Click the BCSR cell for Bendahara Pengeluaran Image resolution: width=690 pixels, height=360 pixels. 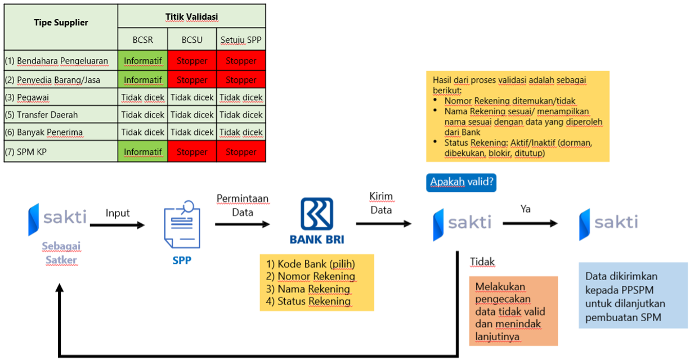(143, 61)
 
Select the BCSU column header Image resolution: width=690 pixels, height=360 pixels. (192, 40)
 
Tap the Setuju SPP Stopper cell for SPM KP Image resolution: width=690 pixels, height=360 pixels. (241, 152)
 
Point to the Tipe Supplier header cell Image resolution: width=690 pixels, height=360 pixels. (61, 23)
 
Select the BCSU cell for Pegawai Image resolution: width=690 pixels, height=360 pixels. (192, 97)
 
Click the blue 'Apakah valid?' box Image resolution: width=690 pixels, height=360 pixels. (461, 182)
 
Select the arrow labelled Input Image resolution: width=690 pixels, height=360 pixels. (117, 226)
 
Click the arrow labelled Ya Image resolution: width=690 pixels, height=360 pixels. (530, 223)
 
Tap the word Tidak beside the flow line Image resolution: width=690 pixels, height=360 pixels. (482, 262)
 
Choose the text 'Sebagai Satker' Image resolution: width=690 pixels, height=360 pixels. (61, 254)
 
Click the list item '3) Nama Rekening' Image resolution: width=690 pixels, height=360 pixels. (308, 289)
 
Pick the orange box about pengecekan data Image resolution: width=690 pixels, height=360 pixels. (513, 311)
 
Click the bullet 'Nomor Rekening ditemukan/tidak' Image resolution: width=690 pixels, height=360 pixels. (510, 101)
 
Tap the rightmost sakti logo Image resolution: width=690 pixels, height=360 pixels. (609, 223)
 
